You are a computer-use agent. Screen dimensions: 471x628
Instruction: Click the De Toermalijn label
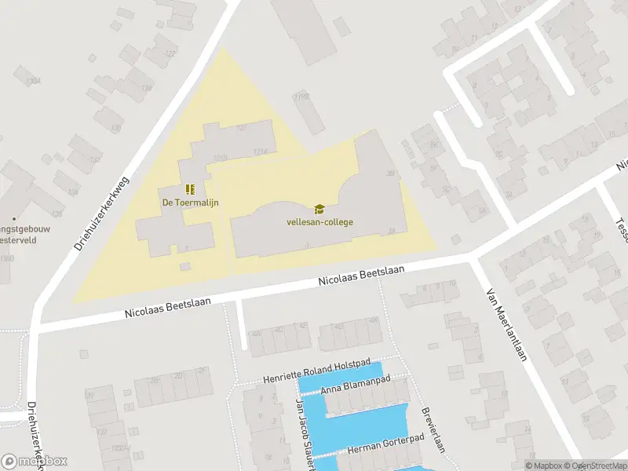pyautogui.click(x=190, y=203)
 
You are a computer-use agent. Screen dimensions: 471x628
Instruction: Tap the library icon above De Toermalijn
pyautogui.click(x=190, y=189)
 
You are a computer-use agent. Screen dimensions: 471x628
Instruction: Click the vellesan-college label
pyautogui.click(x=319, y=221)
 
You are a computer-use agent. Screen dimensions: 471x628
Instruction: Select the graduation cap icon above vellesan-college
pyautogui.click(x=319, y=209)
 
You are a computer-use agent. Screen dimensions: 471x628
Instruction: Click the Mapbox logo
pyautogui.click(x=35, y=461)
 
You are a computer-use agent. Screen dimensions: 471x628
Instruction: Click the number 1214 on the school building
pyautogui.click(x=260, y=152)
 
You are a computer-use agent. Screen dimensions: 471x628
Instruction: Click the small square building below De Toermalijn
pyautogui.click(x=185, y=267)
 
